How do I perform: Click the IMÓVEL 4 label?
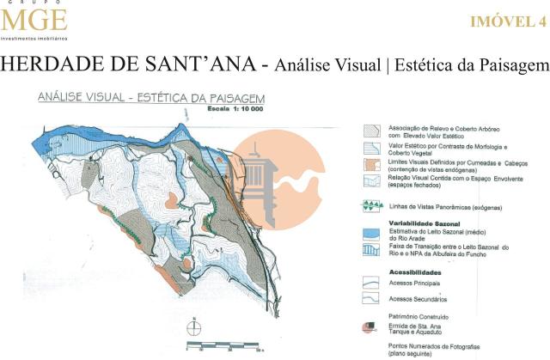pyautogui.click(x=508, y=22)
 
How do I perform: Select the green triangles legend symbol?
pyautogui.click(x=370, y=205)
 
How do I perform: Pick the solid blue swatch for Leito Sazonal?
pyautogui.click(x=370, y=233)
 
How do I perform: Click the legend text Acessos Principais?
pyautogui.click(x=414, y=282)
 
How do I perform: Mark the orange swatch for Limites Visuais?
pyautogui.click(x=370, y=164)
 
